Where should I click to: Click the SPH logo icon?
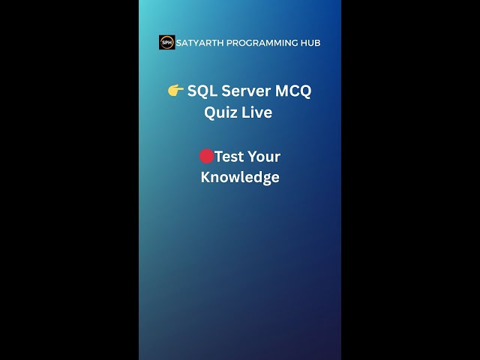tap(166, 43)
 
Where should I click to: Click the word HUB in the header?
tap(310, 43)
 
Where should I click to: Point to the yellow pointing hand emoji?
tap(175, 91)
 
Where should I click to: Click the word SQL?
tap(202, 91)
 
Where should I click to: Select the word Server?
tap(247, 91)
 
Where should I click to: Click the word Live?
tap(256, 112)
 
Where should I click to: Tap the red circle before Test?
tap(206, 156)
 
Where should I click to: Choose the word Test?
tap(230, 156)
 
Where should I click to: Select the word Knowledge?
tap(240, 177)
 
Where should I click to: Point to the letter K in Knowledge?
tap(205, 177)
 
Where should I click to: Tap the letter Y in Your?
tap(254, 156)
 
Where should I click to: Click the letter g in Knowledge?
tap(267, 178)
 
